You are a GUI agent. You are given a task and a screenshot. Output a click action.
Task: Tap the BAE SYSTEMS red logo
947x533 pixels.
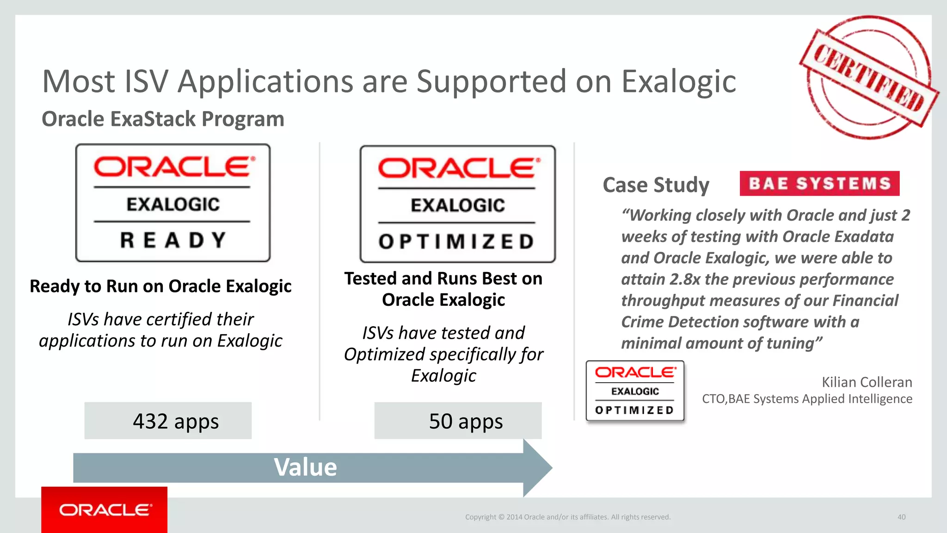click(x=819, y=184)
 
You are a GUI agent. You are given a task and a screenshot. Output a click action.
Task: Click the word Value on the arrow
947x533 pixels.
click(x=305, y=467)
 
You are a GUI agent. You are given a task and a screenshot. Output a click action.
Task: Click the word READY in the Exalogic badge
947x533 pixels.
click(x=173, y=241)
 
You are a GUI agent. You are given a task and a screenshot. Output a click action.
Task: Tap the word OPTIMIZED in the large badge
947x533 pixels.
click(x=457, y=242)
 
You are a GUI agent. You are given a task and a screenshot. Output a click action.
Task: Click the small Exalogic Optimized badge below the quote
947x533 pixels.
click(x=635, y=391)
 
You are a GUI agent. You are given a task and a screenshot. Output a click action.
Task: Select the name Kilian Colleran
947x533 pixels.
click(x=867, y=382)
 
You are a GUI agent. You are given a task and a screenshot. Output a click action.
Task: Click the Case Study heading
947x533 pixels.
click(x=656, y=185)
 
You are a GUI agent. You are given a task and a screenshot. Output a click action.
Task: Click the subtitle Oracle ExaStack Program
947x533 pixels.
click(x=163, y=119)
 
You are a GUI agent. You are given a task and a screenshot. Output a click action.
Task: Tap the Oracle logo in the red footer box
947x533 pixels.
click(x=105, y=510)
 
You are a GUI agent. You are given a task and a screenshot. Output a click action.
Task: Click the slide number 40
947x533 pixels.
click(x=901, y=517)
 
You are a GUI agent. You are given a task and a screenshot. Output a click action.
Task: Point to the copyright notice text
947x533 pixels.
click(x=567, y=517)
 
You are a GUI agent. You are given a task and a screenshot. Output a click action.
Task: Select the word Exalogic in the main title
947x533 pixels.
click(x=678, y=82)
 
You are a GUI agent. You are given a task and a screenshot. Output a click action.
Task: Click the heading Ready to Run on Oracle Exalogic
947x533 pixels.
click(x=160, y=286)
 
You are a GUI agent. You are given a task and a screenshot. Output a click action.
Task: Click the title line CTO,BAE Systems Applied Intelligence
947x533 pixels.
click(x=807, y=399)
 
